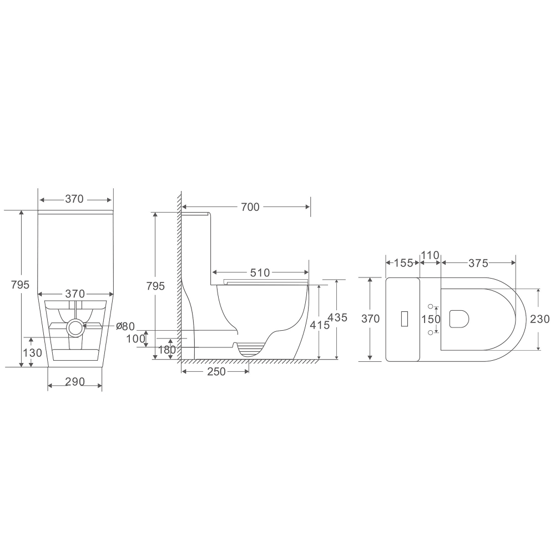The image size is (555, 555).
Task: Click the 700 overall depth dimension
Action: pyautogui.click(x=250, y=207)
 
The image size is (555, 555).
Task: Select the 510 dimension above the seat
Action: pyautogui.click(x=260, y=273)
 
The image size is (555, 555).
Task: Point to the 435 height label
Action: pyautogui.click(x=337, y=317)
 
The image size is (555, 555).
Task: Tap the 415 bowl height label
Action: pyautogui.click(x=320, y=325)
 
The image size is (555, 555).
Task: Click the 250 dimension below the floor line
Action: pyautogui.click(x=216, y=371)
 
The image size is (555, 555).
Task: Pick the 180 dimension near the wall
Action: pyautogui.click(x=167, y=350)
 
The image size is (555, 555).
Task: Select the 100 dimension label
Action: pyautogui.click(x=136, y=339)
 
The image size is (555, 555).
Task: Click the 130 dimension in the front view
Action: pyautogui.click(x=33, y=352)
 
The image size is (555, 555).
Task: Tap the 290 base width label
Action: pyautogui.click(x=75, y=382)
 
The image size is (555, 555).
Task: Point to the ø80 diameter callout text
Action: pyautogui.click(x=125, y=326)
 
